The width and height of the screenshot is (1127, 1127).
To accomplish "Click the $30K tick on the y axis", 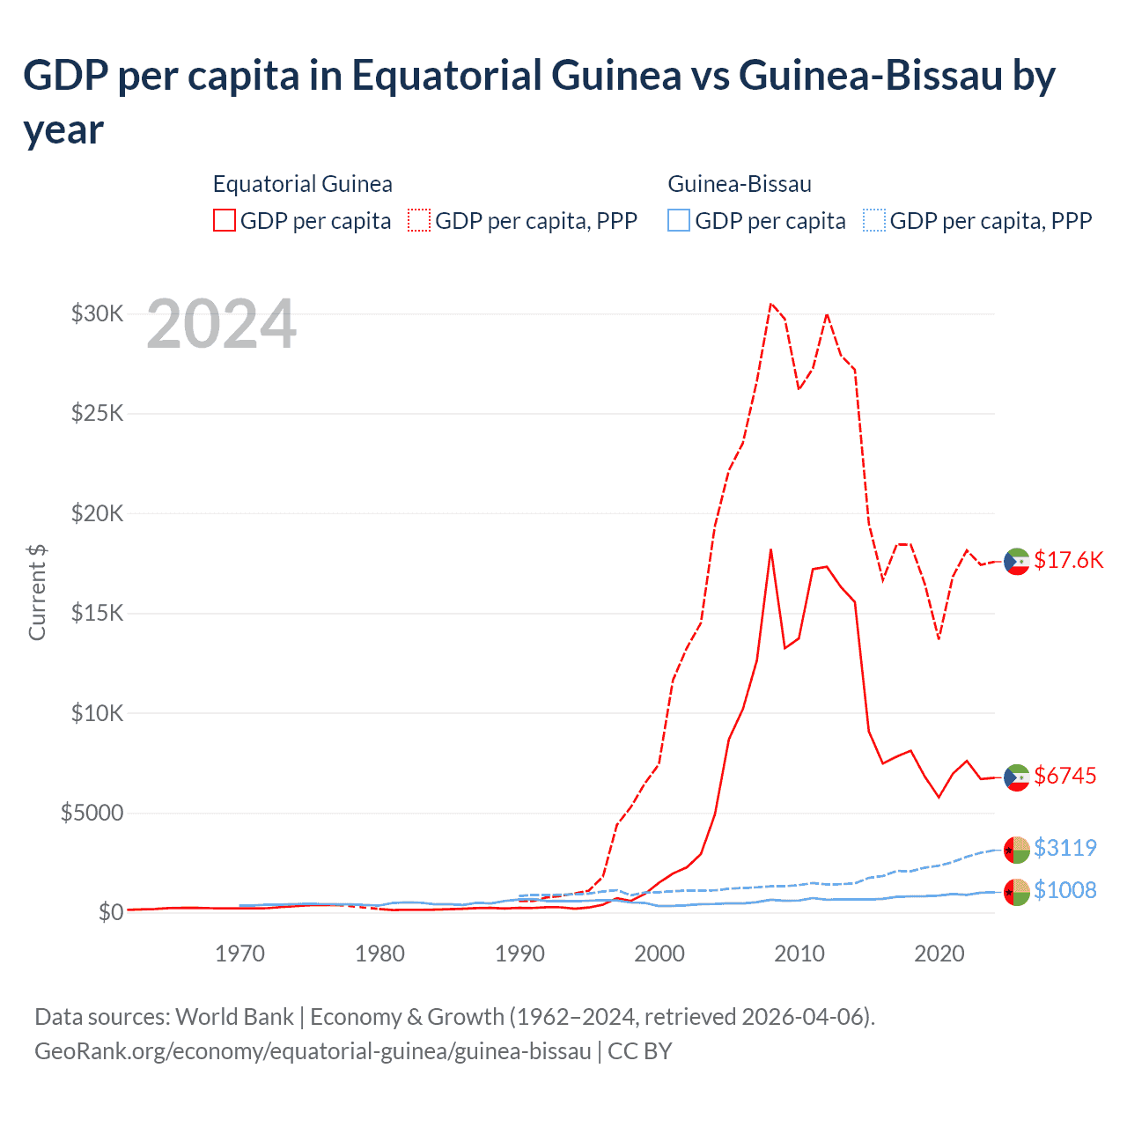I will [x=97, y=313].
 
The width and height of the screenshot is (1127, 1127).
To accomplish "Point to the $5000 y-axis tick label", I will [x=92, y=813].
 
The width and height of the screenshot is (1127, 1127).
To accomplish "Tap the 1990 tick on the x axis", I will [x=519, y=954].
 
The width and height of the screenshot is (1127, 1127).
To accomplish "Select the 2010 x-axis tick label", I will [x=799, y=954].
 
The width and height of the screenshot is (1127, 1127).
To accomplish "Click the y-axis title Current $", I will [x=37, y=592].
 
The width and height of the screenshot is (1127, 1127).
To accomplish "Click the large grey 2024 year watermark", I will [x=221, y=325].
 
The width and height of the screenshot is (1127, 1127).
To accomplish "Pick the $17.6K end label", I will [x=1068, y=560].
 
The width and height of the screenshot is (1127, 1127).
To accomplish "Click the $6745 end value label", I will [x=1064, y=776].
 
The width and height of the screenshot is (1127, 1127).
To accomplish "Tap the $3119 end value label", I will [x=1064, y=848].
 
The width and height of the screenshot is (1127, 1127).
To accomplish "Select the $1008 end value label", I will [x=1064, y=890].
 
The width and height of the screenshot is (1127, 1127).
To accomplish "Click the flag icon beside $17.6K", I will [x=1017, y=561].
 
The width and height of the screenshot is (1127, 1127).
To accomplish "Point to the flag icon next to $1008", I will [x=1017, y=892].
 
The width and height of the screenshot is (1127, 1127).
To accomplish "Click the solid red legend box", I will [x=225, y=220].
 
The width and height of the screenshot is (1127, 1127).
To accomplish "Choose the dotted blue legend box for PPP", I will [x=873, y=220].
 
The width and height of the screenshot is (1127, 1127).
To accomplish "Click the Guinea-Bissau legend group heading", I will [x=739, y=184].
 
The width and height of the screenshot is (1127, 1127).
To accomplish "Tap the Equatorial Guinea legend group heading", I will [x=302, y=184].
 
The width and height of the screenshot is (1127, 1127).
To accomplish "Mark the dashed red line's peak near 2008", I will [x=770, y=304].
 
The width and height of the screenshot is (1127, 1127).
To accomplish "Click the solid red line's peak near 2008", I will [x=770, y=550].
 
